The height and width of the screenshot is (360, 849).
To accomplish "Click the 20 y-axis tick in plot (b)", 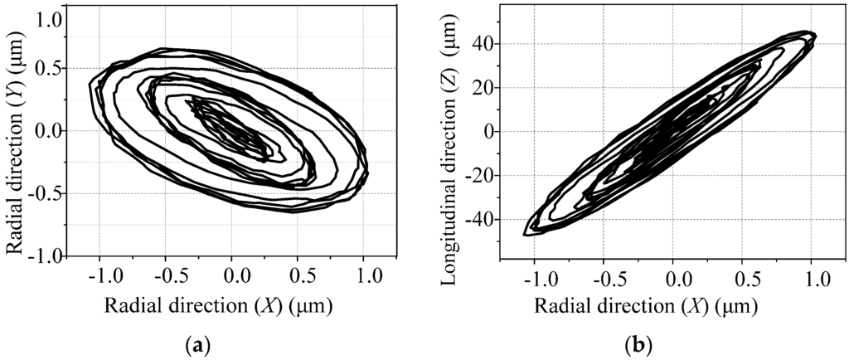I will click(484, 88).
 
